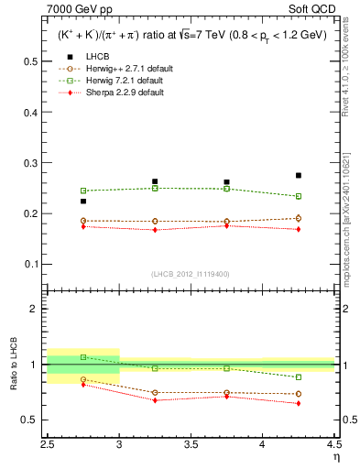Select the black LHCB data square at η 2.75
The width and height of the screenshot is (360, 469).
point(83,202)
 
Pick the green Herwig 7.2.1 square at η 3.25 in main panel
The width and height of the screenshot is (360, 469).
point(155,188)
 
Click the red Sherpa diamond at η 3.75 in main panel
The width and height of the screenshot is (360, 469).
point(226,224)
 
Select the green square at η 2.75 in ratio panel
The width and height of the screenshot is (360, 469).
point(83,357)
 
